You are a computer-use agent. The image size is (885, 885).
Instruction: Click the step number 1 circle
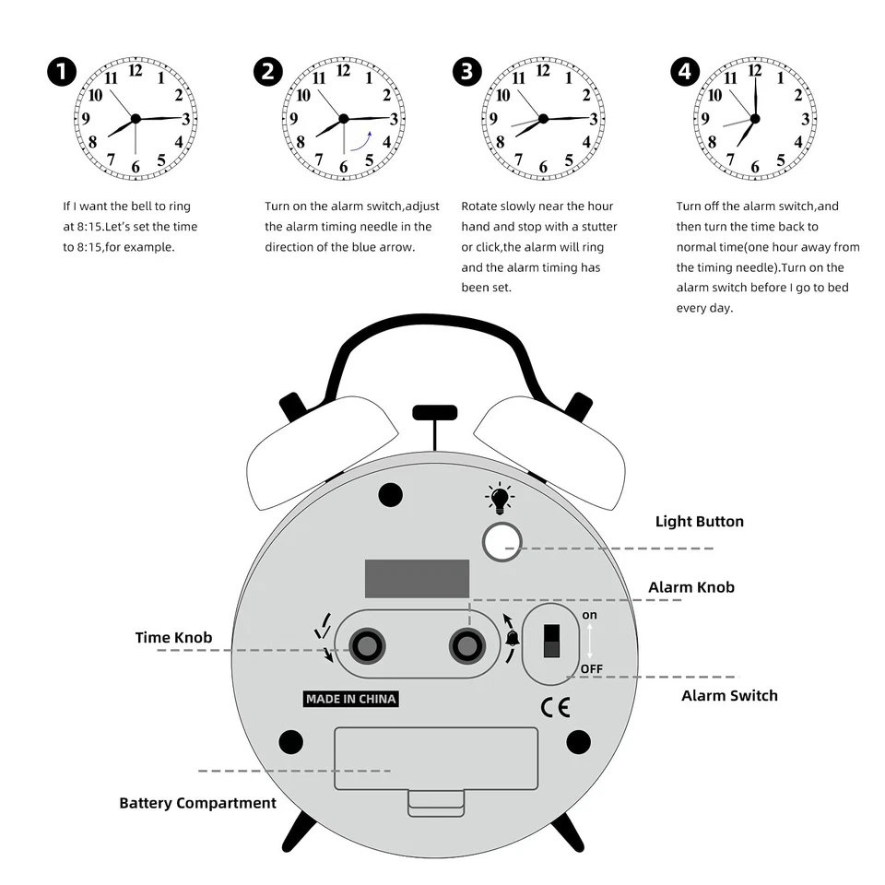tap(62, 73)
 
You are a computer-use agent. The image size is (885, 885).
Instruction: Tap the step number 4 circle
tap(685, 73)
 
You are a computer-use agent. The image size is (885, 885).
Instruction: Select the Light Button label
tap(699, 522)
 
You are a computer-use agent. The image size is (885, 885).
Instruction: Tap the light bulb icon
tap(499, 499)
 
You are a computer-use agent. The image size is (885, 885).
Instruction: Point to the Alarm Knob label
tap(690, 587)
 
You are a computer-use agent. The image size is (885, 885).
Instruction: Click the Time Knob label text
tap(173, 638)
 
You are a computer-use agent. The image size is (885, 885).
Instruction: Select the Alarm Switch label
tap(729, 696)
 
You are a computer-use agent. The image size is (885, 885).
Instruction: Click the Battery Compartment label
tap(197, 803)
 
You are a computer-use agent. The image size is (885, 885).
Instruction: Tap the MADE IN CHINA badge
tap(351, 699)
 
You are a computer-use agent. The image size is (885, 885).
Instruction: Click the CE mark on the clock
tap(555, 707)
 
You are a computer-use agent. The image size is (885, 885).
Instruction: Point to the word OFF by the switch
tap(591, 668)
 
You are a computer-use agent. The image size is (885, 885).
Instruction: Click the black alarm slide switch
tap(551, 640)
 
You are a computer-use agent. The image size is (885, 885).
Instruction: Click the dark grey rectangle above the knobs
tap(417, 579)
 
